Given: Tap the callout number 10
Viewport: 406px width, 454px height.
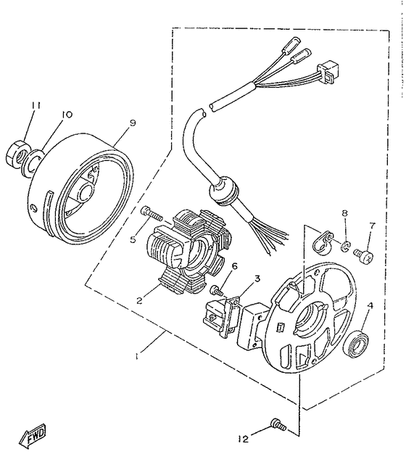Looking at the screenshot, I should [x=67, y=115].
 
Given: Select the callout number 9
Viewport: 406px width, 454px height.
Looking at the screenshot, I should [x=132, y=123].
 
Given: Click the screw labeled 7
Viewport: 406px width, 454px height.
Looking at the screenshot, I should [x=367, y=255].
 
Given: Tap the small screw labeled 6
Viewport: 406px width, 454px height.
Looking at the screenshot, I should [x=215, y=289].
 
